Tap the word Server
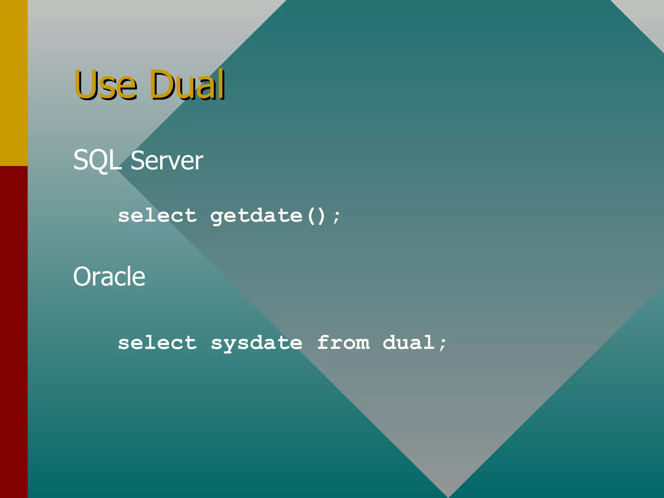pos(167,160)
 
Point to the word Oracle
pos(109,277)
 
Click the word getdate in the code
pos(256,216)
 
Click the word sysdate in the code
pos(256,343)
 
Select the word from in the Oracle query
pos(343,343)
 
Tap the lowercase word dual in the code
pos(409,343)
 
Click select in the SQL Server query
pos(157,216)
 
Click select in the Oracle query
pos(157,343)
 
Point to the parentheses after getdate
pos(316,216)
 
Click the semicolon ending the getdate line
pos(337,217)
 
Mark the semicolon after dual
pos(443,344)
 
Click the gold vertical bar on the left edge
pos(14,83)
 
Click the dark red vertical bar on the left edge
pos(14,331)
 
